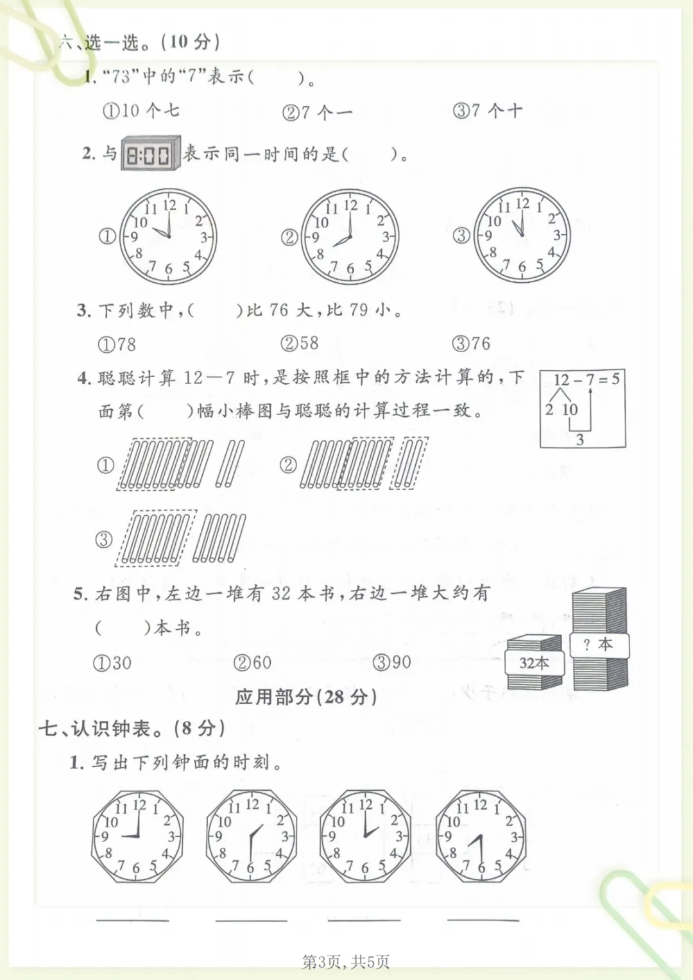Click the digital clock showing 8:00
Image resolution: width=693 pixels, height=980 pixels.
pyautogui.click(x=151, y=153)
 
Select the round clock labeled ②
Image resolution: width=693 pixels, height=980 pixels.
pyautogui.click(x=350, y=237)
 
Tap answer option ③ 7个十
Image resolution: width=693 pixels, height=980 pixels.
pyautogui.click(x=488, y=111)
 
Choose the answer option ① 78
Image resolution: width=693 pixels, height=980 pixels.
pyautogui.click(x=117, y=345)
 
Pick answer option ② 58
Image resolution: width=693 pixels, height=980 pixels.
pyautogui.click(x=300, y=343)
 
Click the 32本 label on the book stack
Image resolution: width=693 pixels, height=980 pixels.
pyautogui.click(x=535, y=663)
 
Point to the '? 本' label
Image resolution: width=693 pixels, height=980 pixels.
pyautogui.click(x=599, y=644)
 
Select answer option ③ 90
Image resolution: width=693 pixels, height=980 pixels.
pyautogui.click(x=392, y=663)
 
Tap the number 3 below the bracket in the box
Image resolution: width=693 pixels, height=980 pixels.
pyautogui.click(x=580, y=439)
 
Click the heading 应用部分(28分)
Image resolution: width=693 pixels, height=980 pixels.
pyautogui.click(x=306, y=697)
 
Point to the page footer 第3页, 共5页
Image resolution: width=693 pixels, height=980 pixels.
pyautogui.click(x=345, y=961)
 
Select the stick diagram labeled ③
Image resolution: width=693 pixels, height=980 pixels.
pyautogui.click(x=180, y=538)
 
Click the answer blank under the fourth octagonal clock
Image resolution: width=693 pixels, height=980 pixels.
pyautogui.click(x=483, y=920)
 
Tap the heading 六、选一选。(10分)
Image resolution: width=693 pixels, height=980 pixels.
pyautogui.click(x=139, y=42)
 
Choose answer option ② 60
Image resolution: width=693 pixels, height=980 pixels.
pyautogui.click(x=252, y=663)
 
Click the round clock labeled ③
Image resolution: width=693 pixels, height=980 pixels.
pyautogui.click(x=522, y=235)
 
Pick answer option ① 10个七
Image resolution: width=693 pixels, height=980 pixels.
pyautogui.click(x=141, y=111)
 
